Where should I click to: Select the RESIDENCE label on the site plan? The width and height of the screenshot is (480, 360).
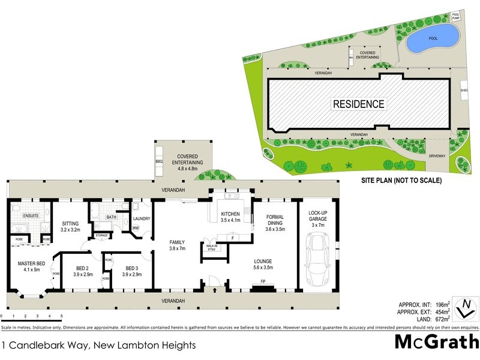[358, 104]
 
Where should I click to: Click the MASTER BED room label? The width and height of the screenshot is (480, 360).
[29, 265]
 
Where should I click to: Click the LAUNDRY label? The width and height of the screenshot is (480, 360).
[141, 219]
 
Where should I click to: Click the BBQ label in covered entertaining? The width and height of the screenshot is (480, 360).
[159, 161]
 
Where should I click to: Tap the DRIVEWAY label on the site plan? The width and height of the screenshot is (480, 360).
[437, 155]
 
